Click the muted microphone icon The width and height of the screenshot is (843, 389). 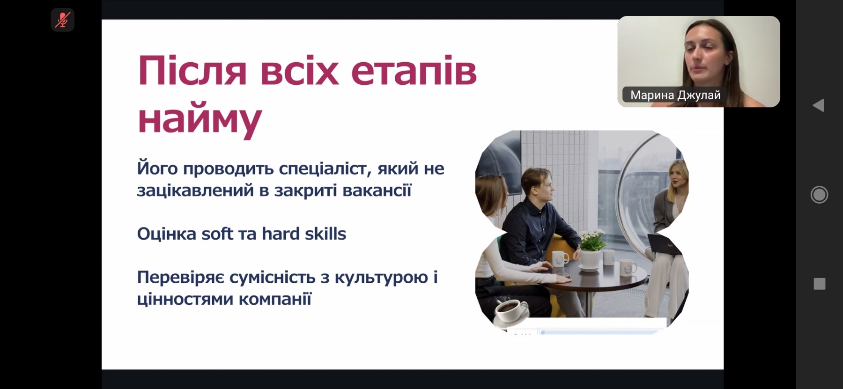coord(62,20)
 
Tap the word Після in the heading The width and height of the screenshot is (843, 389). coord(192,71)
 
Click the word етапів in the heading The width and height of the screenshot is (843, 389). coord(414,71)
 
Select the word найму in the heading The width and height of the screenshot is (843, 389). coord(200,119)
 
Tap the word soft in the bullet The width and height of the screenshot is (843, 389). coord(217,234)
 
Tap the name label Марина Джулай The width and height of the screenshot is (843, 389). coord(675,95)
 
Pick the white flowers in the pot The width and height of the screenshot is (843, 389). coord(592,239)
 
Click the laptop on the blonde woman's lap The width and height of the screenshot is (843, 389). coord(664,244)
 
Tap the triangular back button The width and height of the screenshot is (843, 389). coord(818,105)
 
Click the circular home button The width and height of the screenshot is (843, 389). coord(819,195)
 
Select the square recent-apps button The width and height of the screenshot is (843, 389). coord(820,284)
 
